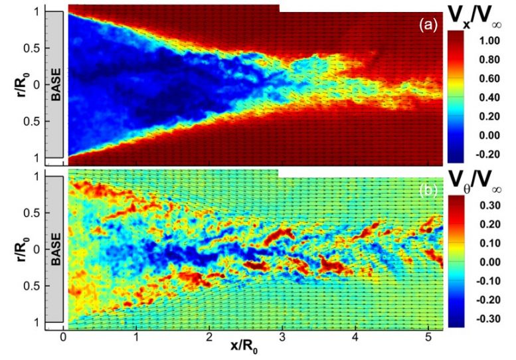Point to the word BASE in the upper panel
pos(56,84)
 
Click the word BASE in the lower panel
pos(56,247)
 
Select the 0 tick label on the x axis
pos(64,336)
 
